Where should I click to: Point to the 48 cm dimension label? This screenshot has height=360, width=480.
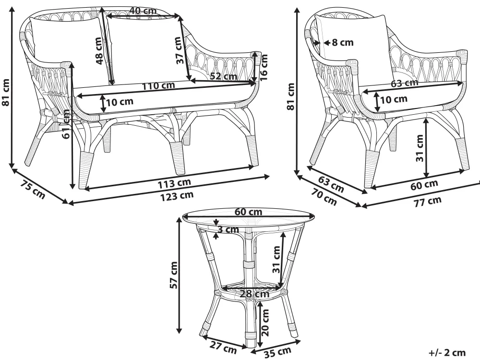coord(99,51)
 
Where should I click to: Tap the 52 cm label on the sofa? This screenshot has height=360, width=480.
coord(223,76)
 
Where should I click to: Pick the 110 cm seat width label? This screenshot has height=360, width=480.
coord(158,86)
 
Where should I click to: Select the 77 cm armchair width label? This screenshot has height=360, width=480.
coord(427,201)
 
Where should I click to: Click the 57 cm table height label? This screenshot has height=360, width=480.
coord(175,275)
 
